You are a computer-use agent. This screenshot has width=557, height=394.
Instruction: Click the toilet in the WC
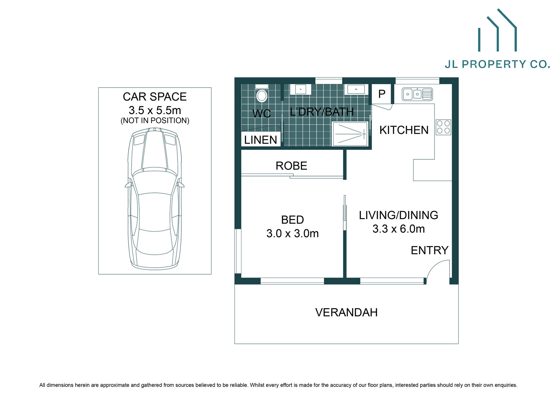coord(262,94)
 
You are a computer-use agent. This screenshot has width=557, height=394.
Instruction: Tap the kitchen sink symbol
coord(417,94)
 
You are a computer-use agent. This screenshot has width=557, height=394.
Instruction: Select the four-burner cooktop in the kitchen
coord(443,127)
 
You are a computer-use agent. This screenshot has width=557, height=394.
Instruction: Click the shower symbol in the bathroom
coord(350,134)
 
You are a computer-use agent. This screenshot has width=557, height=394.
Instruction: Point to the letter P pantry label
coord(382,94)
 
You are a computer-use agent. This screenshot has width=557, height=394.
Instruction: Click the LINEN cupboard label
coord(260,140)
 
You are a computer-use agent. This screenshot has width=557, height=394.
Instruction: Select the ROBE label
coord(291,166)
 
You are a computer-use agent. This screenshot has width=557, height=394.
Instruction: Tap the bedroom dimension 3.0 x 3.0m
coord(292,233)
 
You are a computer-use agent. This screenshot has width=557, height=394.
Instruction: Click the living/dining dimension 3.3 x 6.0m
coord(398,229)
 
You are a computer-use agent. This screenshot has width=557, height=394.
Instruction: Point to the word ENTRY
coord(429,250)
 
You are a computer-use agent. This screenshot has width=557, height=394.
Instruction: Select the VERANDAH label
coord(346,312)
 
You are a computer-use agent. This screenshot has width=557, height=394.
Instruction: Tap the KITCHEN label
coord(404,130)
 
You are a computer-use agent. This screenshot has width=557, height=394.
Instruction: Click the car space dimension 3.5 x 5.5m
coord(155,110)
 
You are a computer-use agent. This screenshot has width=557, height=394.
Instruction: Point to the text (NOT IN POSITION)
coord(155,120)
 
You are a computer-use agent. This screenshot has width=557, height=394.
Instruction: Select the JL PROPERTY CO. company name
coord(497,64)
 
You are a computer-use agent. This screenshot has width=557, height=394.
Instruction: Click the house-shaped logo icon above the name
coord(497,31)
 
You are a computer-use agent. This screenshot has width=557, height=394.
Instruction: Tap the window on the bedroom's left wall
coord(238,251)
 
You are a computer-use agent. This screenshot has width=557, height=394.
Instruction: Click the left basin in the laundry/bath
coord(300,89)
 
